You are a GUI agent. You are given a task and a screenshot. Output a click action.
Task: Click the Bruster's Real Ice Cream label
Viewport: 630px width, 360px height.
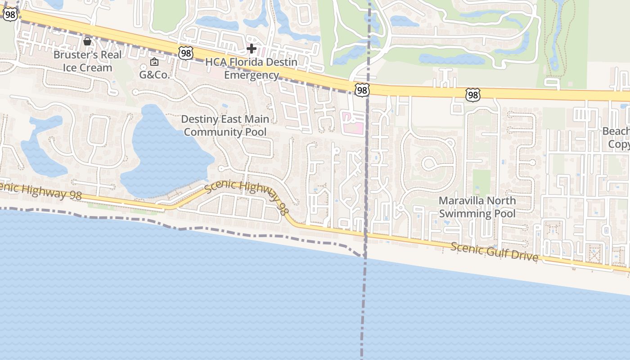pos(87,61)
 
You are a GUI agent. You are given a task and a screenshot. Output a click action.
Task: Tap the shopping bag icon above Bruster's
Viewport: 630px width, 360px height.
pos(87,42)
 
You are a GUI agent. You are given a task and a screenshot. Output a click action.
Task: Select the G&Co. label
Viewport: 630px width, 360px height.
pos(154,75)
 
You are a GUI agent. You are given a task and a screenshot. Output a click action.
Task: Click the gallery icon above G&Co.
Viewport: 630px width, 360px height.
pos(154,62)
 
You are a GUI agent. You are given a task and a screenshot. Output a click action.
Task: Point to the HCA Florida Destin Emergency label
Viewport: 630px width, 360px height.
pos(251,68)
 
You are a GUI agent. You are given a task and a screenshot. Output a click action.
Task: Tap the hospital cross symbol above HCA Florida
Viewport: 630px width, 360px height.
pos(252,48)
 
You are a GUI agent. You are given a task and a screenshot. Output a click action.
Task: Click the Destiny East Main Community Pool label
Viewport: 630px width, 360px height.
pos(225,126)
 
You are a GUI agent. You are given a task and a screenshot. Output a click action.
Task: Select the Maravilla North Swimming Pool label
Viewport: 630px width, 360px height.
pos(477,207)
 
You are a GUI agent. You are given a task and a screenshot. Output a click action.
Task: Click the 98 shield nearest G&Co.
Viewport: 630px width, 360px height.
pos(185,54)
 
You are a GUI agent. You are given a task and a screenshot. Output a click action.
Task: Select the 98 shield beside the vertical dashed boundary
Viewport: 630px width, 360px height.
pos(362,90)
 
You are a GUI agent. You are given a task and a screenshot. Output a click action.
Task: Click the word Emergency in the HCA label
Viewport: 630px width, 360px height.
pos(252,75)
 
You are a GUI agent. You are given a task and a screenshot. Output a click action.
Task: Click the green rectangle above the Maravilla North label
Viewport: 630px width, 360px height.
pos(481,182)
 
